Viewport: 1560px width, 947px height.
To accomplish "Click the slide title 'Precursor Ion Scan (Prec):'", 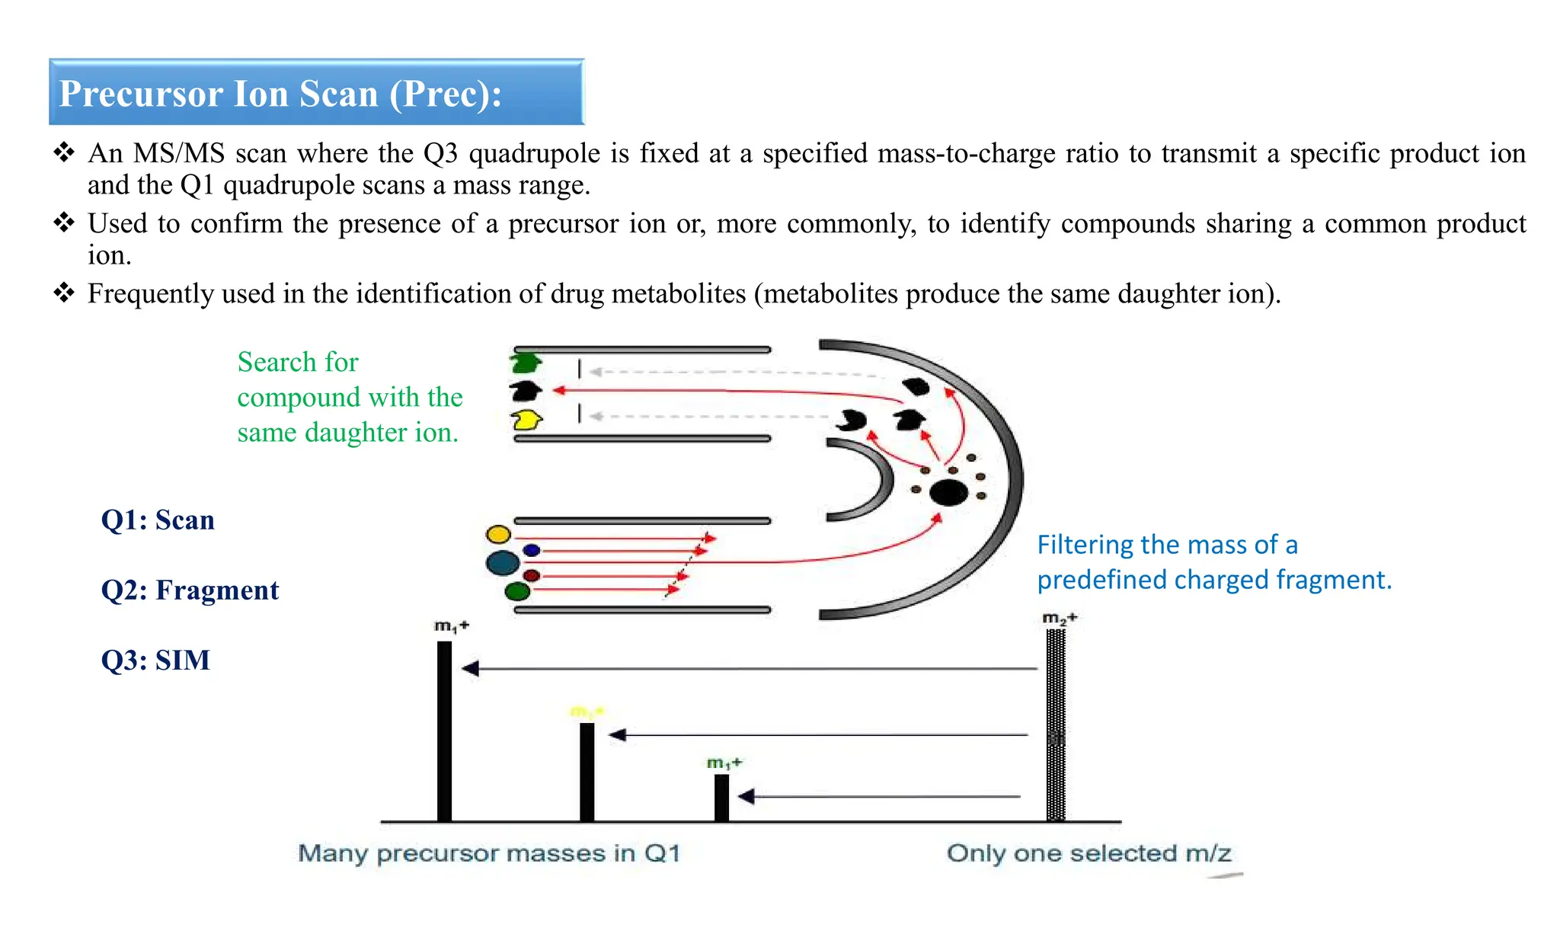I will (x=280, y=94).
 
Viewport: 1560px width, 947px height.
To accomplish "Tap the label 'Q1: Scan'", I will (x=158, y=520).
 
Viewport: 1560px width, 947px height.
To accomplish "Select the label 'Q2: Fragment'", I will (x=190, y=590).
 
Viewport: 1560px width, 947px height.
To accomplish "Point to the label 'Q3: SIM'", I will (x=155, y=660).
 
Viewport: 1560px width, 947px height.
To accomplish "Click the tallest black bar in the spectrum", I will (x=444, y=731).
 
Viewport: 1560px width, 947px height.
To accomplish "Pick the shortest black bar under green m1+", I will (x=721, y=798).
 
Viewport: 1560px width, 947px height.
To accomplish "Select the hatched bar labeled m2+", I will (x=1056, y=724).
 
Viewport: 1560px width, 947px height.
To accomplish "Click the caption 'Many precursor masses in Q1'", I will (x=489, y=853).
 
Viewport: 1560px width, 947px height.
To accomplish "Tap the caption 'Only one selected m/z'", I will (x=1088, y=853).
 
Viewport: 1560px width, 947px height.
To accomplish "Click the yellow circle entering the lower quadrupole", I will (x=498, y=533).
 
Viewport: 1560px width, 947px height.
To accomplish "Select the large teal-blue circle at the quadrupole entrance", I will (x=503, y=563).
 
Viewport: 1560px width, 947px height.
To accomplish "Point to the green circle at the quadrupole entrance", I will (x=517, y=591).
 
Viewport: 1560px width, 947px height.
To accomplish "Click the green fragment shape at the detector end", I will (x=526, y=362).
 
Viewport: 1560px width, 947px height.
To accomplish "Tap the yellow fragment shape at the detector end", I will (x=526, y=420).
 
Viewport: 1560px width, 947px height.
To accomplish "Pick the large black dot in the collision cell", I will (x=948, y=493).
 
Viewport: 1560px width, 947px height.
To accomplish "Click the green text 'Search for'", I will (x=297, y=362).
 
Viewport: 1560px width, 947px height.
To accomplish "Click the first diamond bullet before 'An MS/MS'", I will (x=64, y=152).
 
